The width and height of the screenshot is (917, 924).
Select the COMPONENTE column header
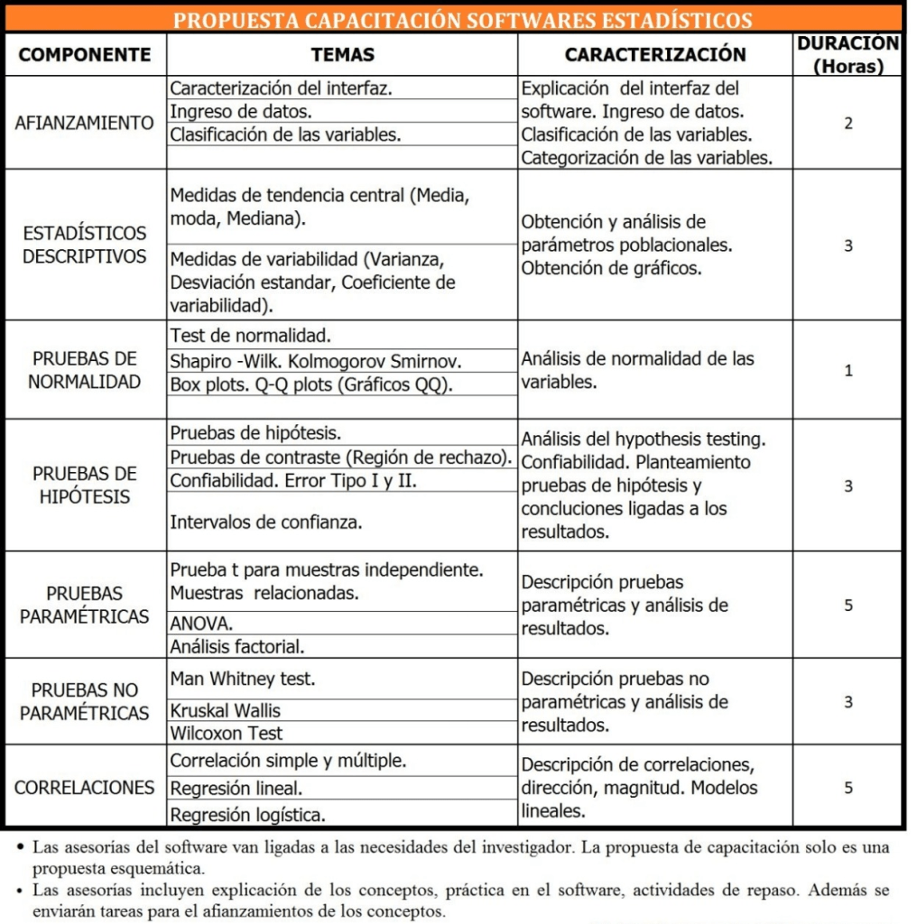(85, 54)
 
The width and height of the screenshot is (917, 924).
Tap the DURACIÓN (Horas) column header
(848, 54)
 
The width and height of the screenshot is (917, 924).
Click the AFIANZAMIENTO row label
(85, 123)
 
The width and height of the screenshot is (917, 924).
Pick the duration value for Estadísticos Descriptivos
(848, 245)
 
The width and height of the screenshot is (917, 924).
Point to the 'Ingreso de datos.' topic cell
(241, 112)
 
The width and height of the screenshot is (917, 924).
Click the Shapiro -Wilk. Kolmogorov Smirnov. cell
(316, 361)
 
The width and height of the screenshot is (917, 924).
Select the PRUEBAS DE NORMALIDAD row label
(85, 370)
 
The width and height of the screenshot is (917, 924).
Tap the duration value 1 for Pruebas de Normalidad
(848, 370)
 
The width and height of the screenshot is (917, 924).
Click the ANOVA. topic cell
(201, 623)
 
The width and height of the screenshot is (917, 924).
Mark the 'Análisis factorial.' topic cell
(237, 646)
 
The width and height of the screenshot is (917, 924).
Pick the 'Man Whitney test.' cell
(243, 678)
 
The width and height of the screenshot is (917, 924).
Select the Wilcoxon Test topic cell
(227, 733)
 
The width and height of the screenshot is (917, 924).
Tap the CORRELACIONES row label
(85, 787)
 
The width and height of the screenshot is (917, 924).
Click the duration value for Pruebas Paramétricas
(848, 605)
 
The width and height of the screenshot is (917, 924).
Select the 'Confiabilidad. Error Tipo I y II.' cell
(293, 480)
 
